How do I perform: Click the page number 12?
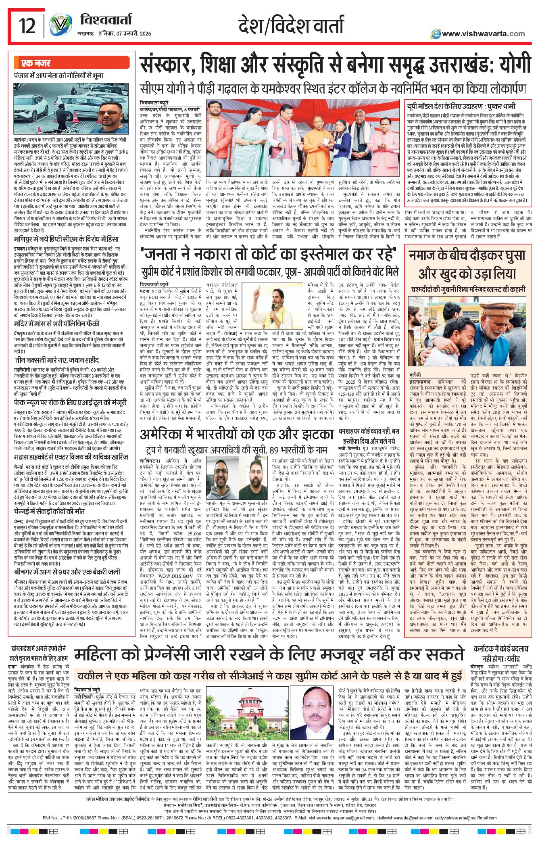coord(27,26)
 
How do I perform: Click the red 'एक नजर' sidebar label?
coord(36,63)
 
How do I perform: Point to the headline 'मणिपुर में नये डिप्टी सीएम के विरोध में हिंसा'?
coord(66,239)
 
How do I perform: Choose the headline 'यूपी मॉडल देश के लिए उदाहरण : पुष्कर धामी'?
coord(461,107)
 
